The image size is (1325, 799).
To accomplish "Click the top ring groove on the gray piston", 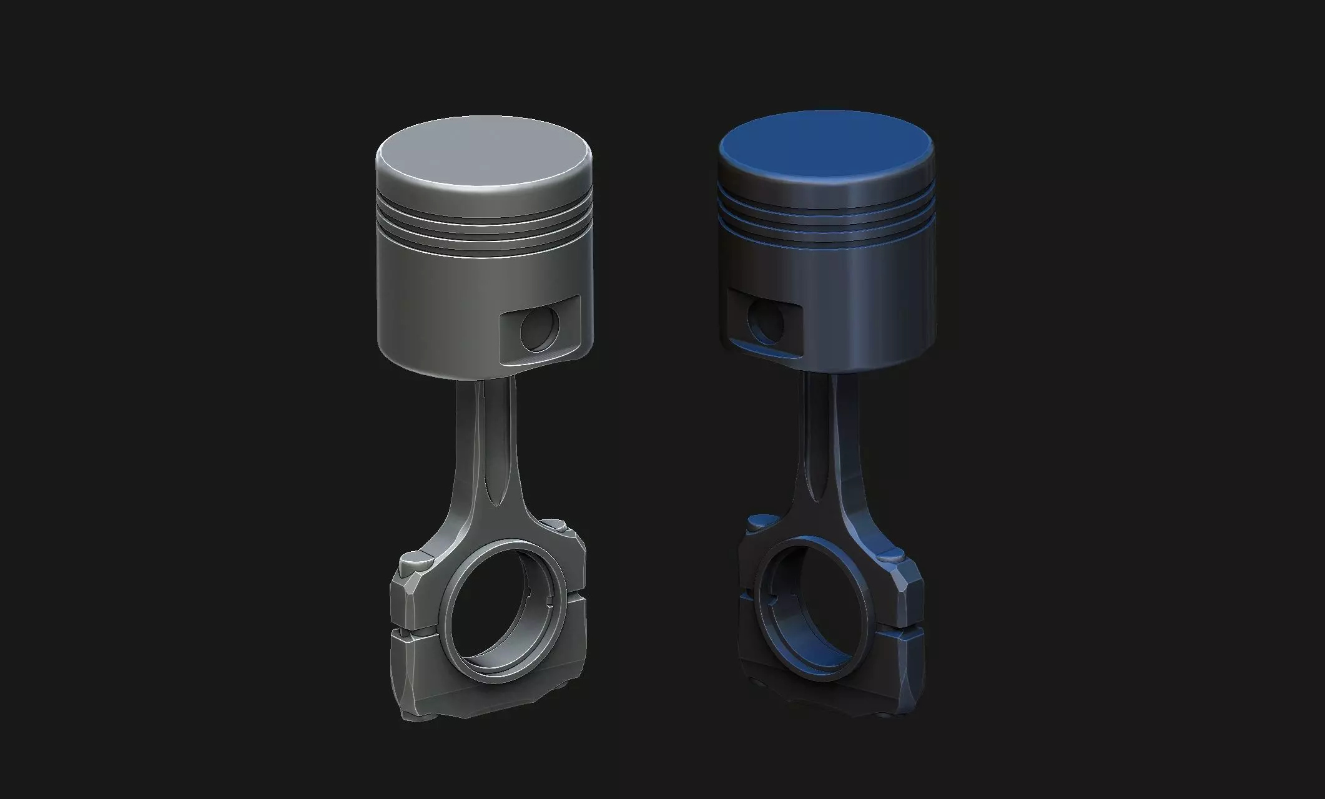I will point(484,214).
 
